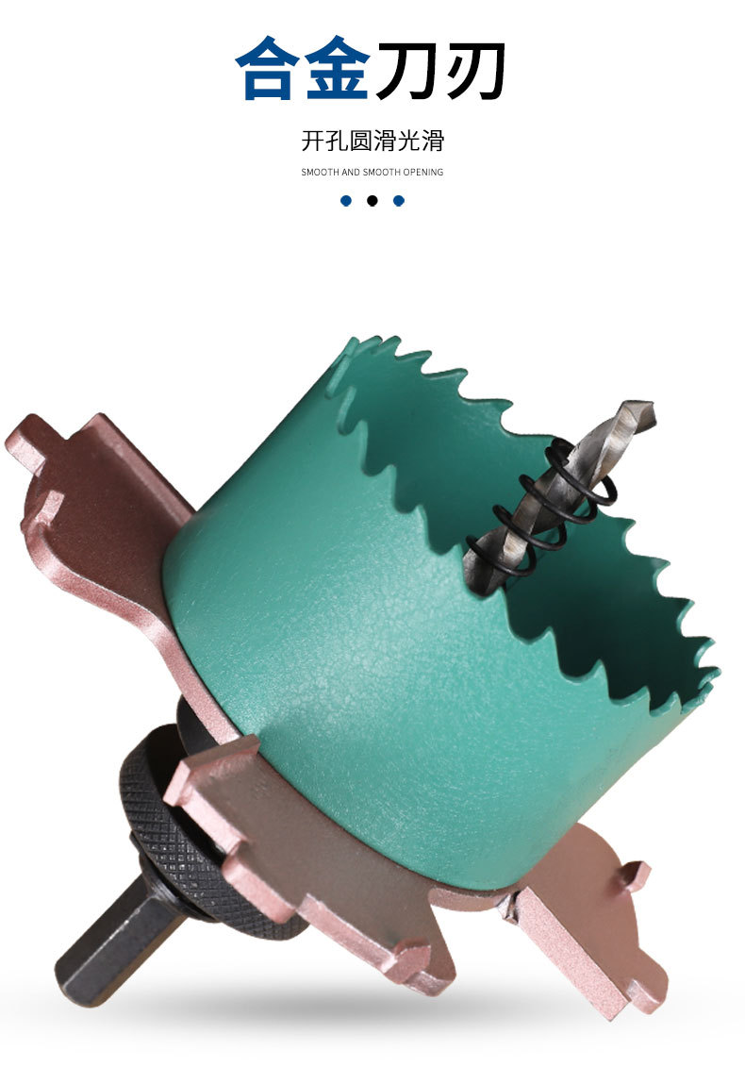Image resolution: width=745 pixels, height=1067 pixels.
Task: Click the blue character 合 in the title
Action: tap(268, 69)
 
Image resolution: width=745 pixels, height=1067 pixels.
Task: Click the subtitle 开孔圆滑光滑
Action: tap(372, 141)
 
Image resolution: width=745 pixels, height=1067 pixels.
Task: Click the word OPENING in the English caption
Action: tap(422, 172)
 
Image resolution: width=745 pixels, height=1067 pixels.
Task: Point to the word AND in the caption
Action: tap(351, 172)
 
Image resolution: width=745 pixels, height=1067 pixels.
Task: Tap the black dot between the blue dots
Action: tap(372, 201)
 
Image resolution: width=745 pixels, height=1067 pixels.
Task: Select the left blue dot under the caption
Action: tap(346, 201)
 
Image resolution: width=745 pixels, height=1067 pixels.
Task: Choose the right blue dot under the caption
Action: tap(399, 201)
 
